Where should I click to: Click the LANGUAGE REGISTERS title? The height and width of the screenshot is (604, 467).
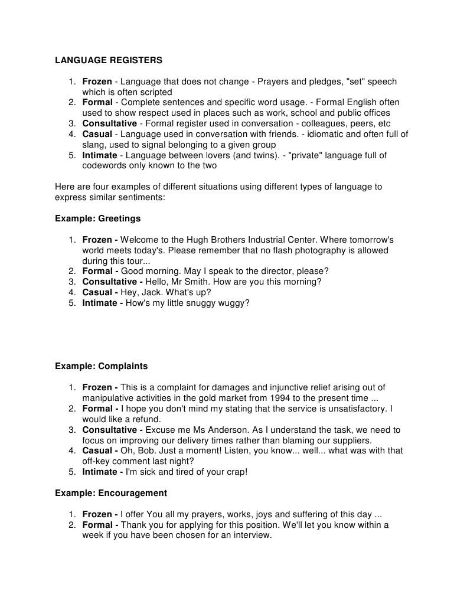tap(109, 60)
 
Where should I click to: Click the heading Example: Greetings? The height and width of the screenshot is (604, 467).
tap(97, 218)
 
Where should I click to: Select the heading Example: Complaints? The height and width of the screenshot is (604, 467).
tap(101, 366)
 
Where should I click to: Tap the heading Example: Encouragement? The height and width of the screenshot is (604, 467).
tap(111, 492)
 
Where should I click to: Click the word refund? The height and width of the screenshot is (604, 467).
tap(139, 419)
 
